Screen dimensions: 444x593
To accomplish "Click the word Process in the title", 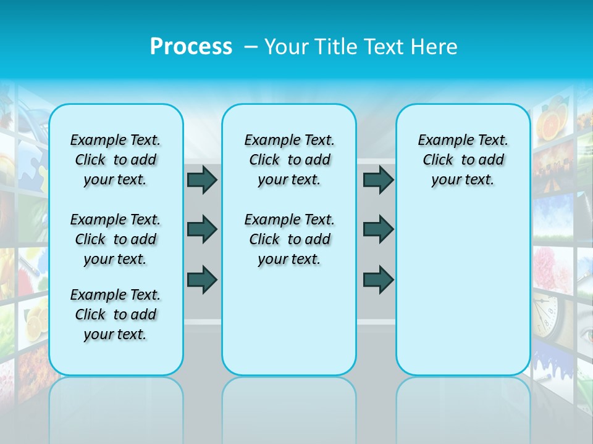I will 191,47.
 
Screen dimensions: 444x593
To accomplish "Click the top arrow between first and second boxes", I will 202,179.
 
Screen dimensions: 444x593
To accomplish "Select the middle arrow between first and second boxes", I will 202,229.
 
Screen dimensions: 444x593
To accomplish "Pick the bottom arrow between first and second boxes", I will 202,279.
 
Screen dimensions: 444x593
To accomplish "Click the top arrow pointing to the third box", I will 378,179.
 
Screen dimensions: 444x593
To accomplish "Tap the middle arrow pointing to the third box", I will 378,229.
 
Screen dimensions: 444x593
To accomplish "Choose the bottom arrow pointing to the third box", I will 378,279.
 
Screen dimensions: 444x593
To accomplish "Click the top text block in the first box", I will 116,160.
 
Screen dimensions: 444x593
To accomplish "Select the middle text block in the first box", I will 116,239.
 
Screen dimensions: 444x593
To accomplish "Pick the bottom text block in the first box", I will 116,314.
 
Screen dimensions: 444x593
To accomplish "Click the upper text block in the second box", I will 289,160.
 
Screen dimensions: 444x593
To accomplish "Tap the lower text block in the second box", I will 289,239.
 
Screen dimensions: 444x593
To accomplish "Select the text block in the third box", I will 463,160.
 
